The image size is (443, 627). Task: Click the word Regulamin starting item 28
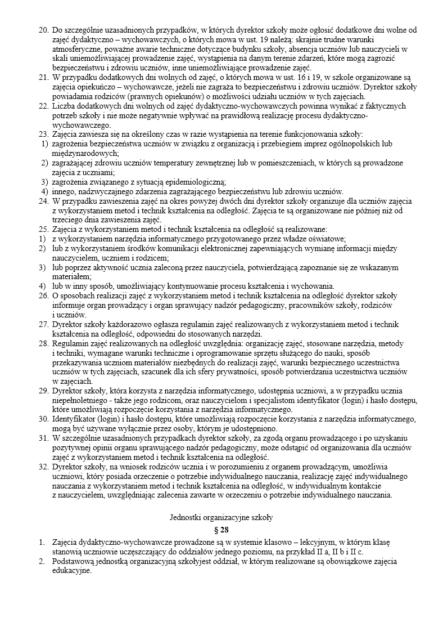coord(71,343)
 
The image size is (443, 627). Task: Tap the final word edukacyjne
coord(71,570)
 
